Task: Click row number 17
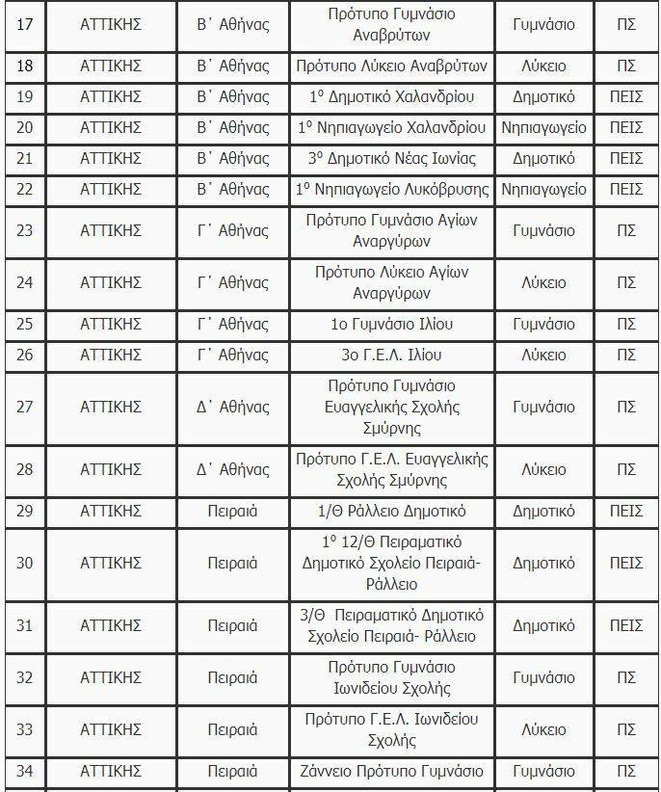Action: [x=25, y=24]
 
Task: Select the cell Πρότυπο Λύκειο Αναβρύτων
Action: [x=392, y=67]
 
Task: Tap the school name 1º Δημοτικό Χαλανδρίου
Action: [x=392, y=97]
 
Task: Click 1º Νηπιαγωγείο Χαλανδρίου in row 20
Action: [x=392, y=128]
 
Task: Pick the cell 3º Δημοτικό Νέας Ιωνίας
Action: [x=392, y=158]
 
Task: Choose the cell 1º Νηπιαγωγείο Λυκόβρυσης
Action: [x=392, y=189]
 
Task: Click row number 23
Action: [x=25, y=230]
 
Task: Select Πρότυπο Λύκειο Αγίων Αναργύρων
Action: [x=392, y=283]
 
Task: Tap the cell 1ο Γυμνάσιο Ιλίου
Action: [x=392, y=325]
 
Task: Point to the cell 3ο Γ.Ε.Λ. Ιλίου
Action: [x=392, y=355]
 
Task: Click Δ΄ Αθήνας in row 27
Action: [x=232, y=407]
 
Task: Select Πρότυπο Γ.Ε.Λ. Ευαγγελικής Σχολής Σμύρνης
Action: [x=392, y=469]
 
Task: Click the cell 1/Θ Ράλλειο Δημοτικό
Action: [x=392, y=511]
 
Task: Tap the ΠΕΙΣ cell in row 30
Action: [x=626, y=563]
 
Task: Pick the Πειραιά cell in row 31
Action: [x=232, y=626]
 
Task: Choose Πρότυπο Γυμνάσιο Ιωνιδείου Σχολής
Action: [x=392, y=678]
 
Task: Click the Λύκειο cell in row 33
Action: [x=543, y=730]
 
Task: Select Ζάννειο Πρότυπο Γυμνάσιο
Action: [x=392, y=772]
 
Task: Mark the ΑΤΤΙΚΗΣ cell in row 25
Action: [x=111, y=325]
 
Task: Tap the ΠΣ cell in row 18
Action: [x=626, y=67]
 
